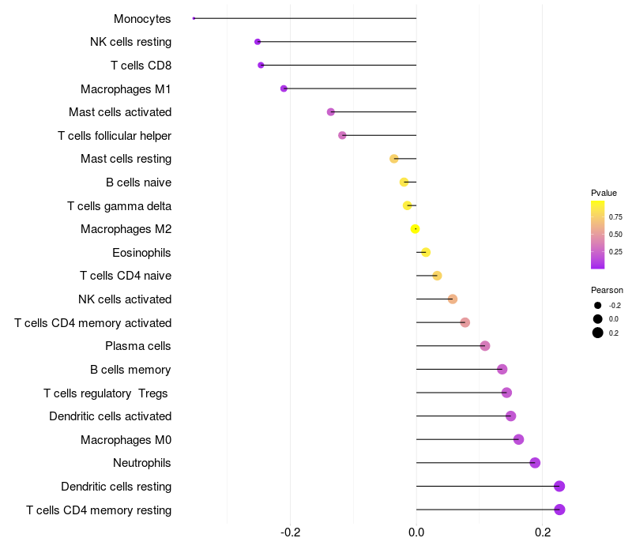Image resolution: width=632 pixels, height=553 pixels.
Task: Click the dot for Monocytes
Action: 194,18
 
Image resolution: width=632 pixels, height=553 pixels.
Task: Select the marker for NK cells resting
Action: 258,42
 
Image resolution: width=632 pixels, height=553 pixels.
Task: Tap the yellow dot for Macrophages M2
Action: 415,229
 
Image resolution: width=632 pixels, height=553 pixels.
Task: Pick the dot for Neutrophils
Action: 535,463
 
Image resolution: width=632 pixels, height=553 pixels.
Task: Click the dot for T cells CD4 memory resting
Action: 559,510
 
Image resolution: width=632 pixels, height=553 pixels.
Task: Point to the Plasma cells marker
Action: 485,346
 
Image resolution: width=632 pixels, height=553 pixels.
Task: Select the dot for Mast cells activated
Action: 331,112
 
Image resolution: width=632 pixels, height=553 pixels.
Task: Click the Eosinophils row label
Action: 141,253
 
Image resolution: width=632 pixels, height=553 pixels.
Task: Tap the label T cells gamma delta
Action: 119,206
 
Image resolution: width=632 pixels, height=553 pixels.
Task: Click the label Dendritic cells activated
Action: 110,416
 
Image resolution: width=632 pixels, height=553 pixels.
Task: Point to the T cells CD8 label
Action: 141,66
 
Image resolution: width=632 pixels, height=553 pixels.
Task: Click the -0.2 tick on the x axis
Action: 291,532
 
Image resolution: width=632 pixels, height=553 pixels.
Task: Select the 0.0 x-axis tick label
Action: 416,532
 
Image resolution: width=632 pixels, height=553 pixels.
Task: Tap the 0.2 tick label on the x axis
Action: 543,532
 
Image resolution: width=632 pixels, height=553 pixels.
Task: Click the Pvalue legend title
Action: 604,193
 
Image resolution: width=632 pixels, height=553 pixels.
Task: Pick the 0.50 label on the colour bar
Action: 615,235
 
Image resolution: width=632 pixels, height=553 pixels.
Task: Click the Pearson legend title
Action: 607,290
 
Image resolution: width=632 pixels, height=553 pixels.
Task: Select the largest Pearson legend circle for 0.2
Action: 598,333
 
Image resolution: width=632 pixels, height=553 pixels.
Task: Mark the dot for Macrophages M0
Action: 518,440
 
